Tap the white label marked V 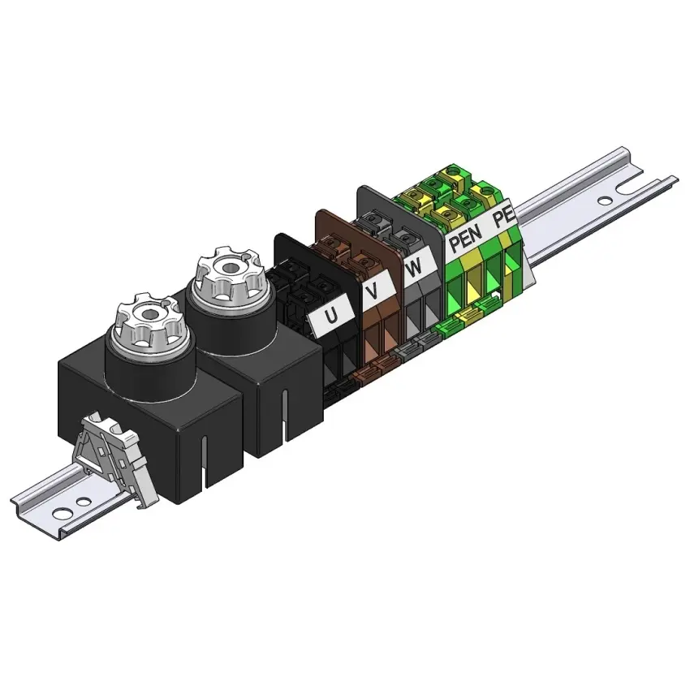coord(375,290)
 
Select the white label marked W coord(415,265)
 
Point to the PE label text coord(503,217)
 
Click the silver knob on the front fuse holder coord(149,322)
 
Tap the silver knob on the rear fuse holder coord(228,278)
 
